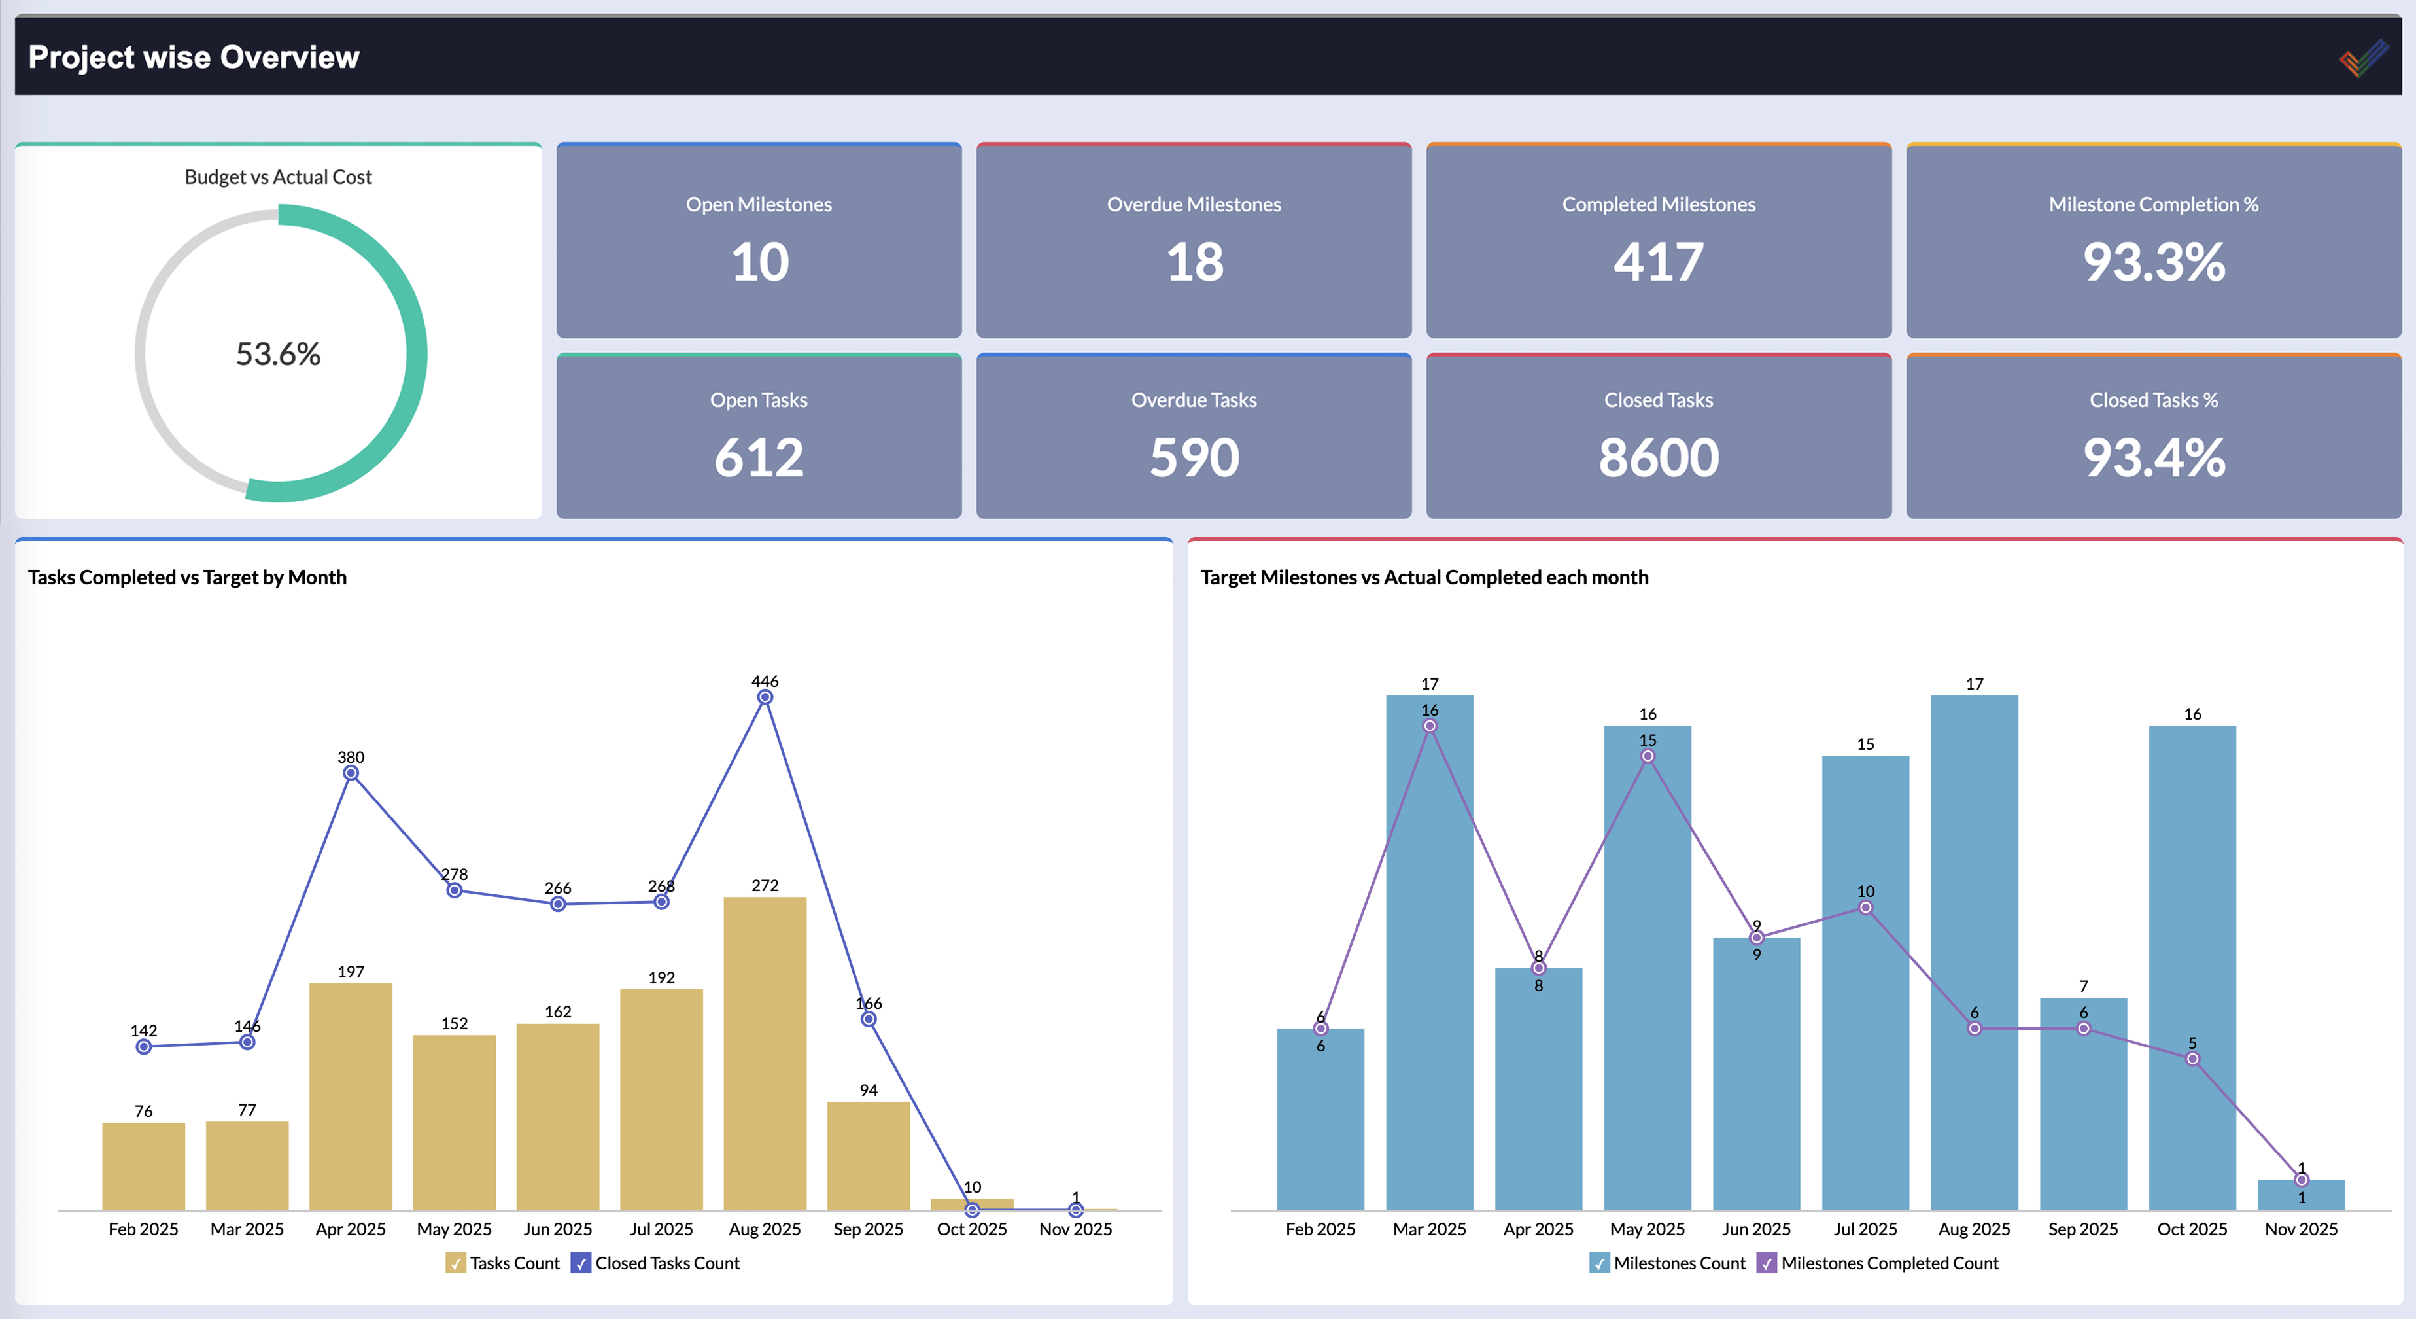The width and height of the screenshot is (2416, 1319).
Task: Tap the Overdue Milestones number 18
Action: [1194, 262]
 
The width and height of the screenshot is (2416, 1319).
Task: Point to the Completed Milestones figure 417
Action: [1658, 262]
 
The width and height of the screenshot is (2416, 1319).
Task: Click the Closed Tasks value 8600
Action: [1658, 458]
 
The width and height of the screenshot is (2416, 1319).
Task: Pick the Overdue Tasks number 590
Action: [1194, 458]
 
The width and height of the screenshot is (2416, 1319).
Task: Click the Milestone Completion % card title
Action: [2153, 205]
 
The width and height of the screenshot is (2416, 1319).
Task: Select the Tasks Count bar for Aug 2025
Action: [765, 1051]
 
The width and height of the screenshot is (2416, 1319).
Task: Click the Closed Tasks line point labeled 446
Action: [765, 697]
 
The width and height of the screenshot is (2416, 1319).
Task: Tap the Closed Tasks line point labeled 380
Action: [351, 773]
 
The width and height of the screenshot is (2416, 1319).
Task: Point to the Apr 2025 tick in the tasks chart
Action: [351, 1229]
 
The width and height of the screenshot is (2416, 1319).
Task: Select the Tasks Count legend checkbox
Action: [456, 1263]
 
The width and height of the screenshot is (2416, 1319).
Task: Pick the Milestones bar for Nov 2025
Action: [2301, 1195]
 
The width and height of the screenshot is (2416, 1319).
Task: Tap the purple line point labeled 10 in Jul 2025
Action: [1865, 907]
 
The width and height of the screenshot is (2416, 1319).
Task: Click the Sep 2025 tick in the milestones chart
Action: [2083, 1229]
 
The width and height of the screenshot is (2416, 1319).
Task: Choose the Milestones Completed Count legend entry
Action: [1889, 1263]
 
